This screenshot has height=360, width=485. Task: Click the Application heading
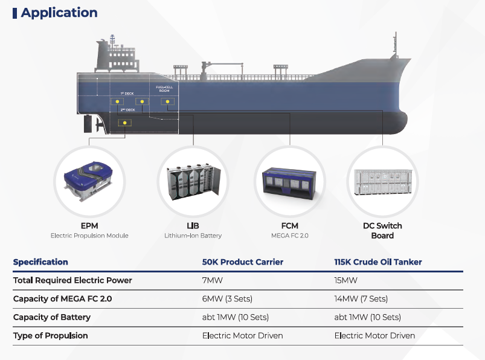tap(59, 13)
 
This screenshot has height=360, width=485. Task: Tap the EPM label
tap(89, 226)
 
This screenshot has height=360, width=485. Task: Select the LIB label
tap(193, 226)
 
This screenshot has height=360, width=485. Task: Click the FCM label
tap(290, 226)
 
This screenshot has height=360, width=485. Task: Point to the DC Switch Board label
tap(382, 231)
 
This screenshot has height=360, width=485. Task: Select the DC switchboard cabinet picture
tap(382, 181)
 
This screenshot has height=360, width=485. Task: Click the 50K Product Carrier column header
tap(242, 262)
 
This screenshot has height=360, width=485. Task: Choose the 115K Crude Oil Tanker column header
tap(378, 262)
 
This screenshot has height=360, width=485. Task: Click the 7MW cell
tap(211, 280)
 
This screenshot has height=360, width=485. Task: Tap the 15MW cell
tap(346, 280)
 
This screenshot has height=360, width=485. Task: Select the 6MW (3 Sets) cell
tap(226, 299)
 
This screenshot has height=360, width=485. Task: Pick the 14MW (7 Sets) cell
tap(361, 299)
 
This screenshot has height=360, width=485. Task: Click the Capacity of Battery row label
tap(51, 317)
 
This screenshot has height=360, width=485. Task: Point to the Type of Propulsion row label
tap(50, 335)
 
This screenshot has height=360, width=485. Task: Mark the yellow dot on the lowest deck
tap(125, 123)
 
